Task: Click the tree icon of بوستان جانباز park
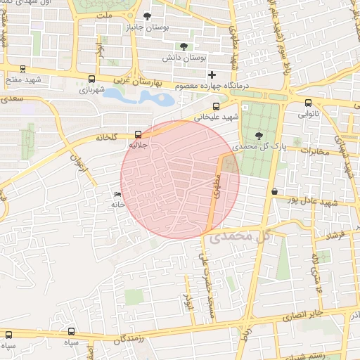click(x=147, y=16)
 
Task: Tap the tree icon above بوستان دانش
click(x=184, y=46)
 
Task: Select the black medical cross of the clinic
click(x=212, y=75)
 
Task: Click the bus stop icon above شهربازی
click(x=92, y=79)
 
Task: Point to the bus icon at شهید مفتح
click(x=23, y=69)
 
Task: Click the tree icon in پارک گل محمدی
click(x=260, y=136)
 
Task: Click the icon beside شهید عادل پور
click(x=274, y=191)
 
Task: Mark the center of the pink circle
click(x=180, y=179)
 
